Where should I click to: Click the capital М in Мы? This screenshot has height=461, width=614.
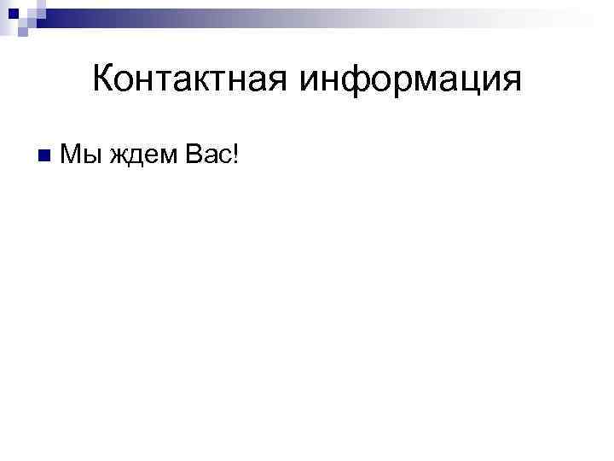point(72,155)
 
